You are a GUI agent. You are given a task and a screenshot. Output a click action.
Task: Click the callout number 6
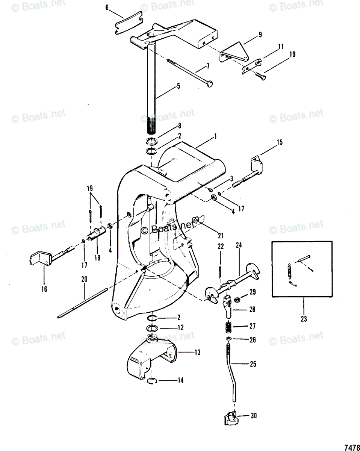[x=107, y=8]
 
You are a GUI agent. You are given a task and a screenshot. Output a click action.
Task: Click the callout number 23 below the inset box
[x=304, y=319]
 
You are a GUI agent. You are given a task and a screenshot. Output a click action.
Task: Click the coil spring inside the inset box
[x=289, y=271]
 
